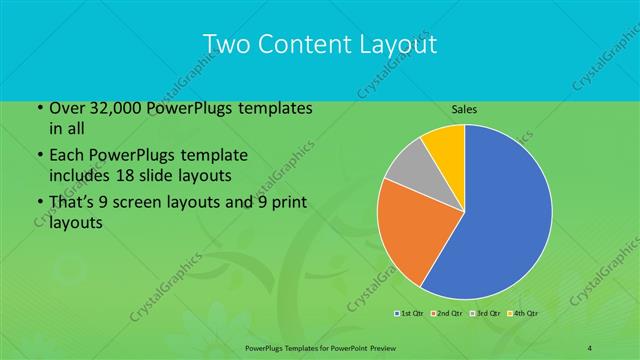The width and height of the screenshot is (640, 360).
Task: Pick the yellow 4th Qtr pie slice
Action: click(x=444, y=142)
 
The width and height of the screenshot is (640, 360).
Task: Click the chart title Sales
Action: click(x=463, y=108)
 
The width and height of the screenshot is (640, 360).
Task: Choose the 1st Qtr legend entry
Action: click(x=409, y=314)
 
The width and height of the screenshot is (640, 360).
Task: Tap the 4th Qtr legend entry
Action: click(x=521, y=314)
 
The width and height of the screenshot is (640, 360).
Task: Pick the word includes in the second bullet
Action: click(x=81, y=175)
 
